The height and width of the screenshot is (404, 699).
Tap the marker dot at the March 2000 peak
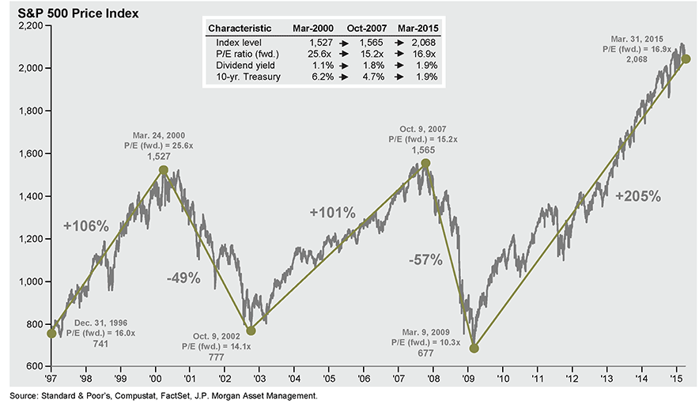163,170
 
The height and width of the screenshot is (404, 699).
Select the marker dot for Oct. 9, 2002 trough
251,330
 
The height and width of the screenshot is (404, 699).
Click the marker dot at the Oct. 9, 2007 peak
425,163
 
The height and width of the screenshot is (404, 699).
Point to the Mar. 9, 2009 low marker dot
474,348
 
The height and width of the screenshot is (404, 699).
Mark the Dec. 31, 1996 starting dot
51,334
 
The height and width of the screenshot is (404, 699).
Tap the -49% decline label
183,278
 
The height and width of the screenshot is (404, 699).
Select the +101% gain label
332,213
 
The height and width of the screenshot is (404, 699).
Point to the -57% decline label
425,259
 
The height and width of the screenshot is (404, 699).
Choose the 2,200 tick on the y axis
28,26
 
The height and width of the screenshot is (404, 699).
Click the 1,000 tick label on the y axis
28,281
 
